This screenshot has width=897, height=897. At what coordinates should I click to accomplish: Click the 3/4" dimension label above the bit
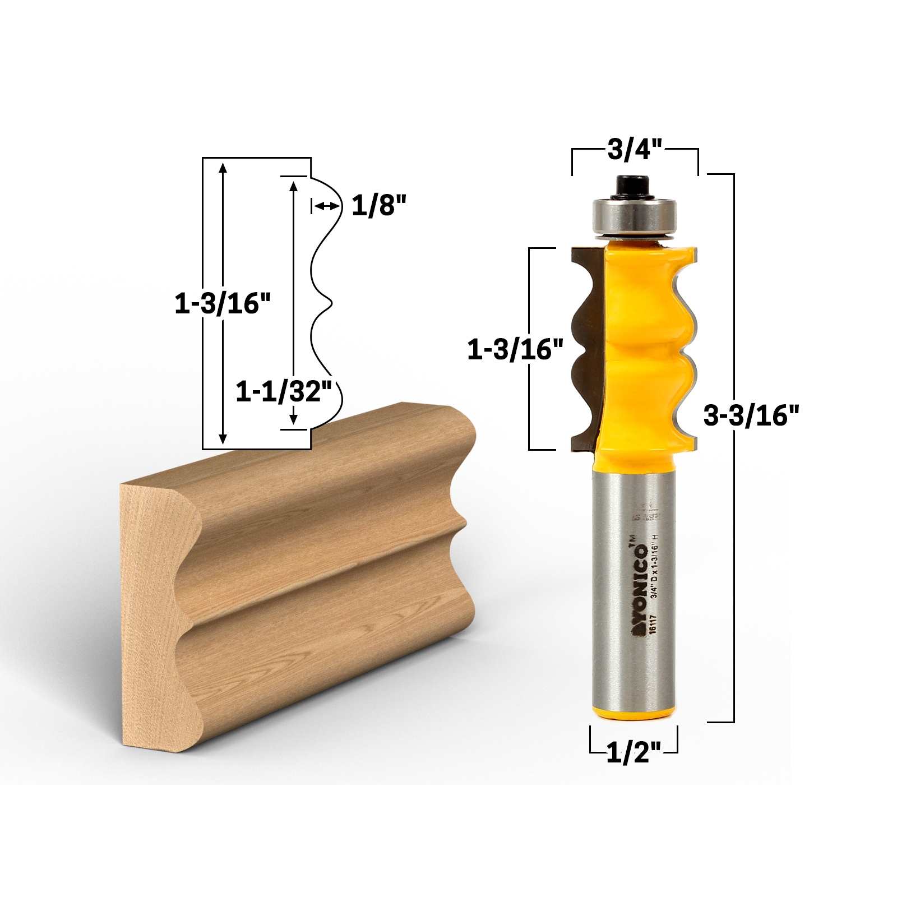pyautogui.click(x=635, y=150)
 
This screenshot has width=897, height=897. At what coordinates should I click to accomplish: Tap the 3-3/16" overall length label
pyautogui.click(x=751, y=416)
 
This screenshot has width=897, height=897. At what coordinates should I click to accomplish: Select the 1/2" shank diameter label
pyautogui.click(x=634, y=752)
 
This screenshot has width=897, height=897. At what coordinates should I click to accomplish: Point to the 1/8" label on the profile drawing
pyautogui.click(x=378, y=206)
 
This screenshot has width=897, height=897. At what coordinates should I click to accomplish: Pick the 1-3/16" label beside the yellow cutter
pyautogui.click(x=515, y=350)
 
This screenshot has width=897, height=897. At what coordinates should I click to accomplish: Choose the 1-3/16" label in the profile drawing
pyautogui.click(x=223, y=304)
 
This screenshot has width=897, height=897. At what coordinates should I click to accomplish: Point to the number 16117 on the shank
pyautogui.click(x=652, y=625)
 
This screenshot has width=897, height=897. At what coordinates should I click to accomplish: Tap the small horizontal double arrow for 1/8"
pyautogui.click(x=326, y=206)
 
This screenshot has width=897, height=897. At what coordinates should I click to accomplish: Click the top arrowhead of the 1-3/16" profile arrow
pyautogui.click(x=223, y=166)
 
